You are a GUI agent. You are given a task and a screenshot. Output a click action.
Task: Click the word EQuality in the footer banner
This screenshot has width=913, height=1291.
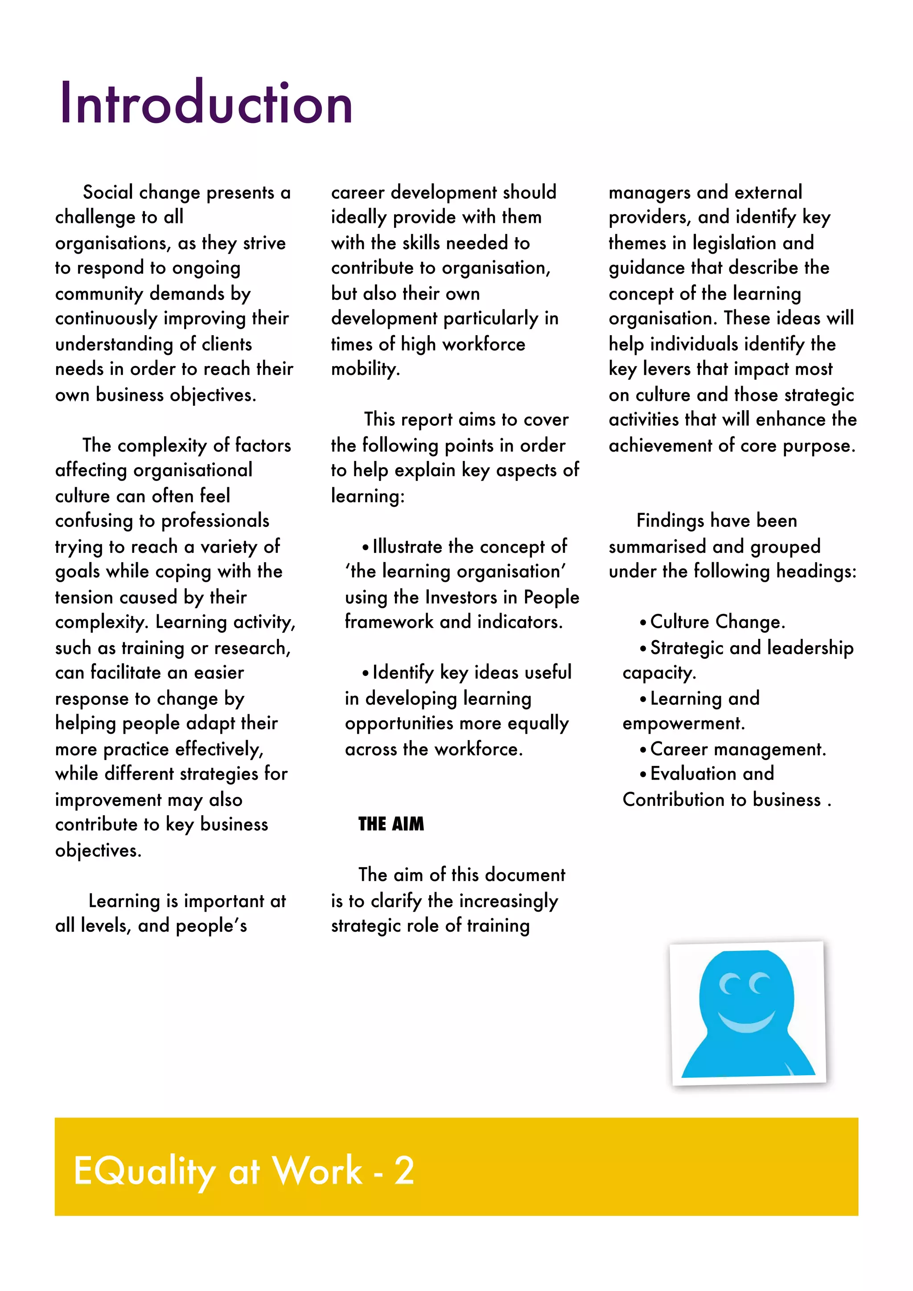144,1171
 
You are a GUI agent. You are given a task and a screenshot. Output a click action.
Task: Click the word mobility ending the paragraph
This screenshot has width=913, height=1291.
365,370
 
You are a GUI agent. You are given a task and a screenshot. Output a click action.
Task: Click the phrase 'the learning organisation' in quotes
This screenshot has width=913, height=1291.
455,571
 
